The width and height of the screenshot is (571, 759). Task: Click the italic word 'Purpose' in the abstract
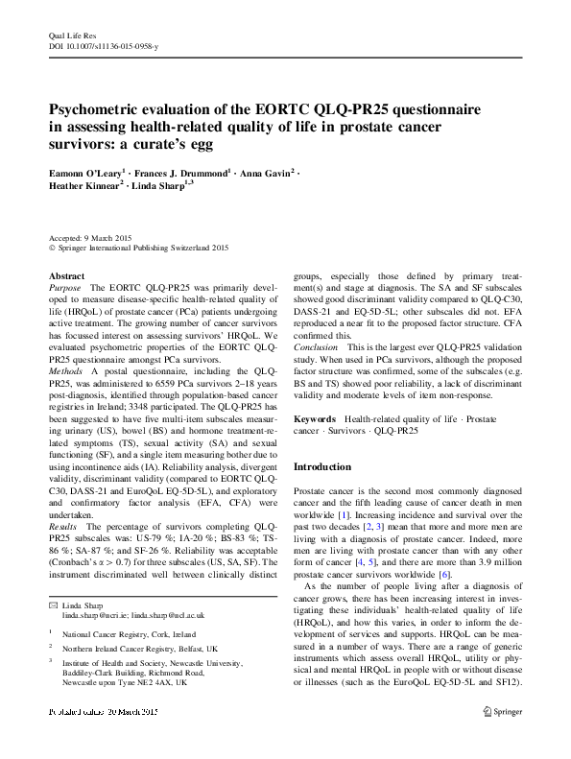[x=65, y=287]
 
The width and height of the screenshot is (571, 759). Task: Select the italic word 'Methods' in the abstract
[x=67, y=369]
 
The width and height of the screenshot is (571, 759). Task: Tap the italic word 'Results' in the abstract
[x=65, y=527]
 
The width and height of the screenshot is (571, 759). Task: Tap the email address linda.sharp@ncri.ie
[x=95, y=617]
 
